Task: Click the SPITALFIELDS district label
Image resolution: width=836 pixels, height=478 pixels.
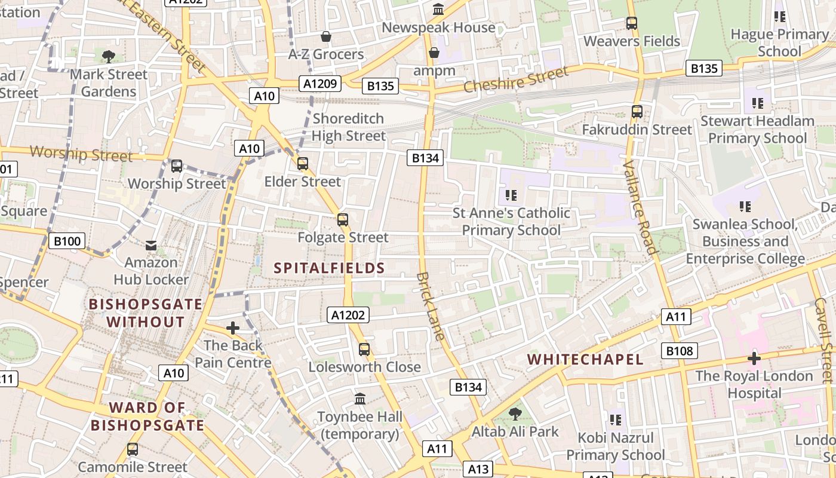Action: tap(329, 268)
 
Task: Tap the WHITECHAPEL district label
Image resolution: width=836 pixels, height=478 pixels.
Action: tap(586, 359)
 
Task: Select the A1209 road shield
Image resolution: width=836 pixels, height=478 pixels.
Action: tap(321, 83)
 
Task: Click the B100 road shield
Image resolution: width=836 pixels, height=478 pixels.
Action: tap(66, 241)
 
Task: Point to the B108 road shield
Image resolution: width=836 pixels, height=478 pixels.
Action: tap(679, 351)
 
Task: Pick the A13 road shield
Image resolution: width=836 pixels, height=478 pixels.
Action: tap(478, 469)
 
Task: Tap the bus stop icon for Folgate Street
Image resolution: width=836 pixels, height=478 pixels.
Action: tap(343, 220)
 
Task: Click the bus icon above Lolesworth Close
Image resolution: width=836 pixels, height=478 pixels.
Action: tap(364, 350)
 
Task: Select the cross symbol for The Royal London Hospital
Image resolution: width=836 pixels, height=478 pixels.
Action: tap(754, 358)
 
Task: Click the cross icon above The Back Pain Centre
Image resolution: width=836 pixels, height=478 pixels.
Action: tap(233, 328)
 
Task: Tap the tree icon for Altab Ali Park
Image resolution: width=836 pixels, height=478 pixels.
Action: tap(515, 413)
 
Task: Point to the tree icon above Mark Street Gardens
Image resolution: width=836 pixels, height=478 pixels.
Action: tap(108, 57)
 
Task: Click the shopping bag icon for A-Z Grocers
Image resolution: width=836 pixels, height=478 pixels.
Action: tap(326, 36)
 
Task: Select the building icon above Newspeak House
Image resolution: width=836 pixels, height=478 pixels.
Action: tap(438, 10)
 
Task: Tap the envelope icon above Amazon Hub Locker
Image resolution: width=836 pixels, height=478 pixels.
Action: tap(151, 245)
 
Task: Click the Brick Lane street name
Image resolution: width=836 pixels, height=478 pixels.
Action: tap(431, 307)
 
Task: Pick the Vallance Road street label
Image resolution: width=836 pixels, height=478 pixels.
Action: tap(640, 207)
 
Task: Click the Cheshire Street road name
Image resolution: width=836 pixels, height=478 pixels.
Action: tap(516, 79)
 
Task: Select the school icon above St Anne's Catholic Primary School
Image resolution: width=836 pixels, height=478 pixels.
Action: tap(511, 195)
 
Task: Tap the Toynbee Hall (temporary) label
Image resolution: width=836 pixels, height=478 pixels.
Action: tap(359, 425)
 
